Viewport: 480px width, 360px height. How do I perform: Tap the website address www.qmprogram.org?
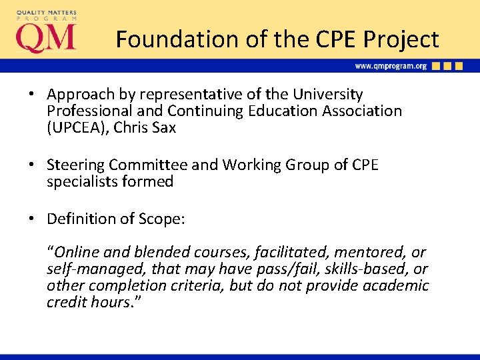(x=390, y=66)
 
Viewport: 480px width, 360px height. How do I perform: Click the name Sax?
(x=163, y=127)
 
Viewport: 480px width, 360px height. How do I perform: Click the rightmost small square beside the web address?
(x=458, y=66)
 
